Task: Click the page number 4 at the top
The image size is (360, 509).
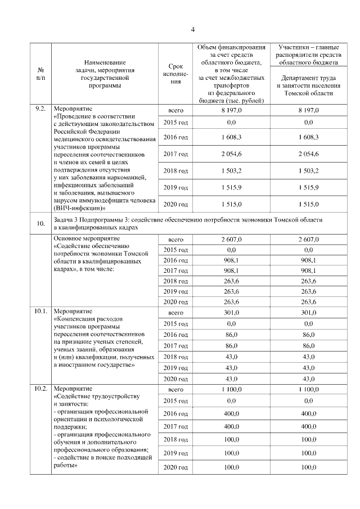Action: point(192,29)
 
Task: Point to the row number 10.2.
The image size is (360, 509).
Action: point(40,389)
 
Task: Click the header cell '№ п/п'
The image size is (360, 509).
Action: point(40,74)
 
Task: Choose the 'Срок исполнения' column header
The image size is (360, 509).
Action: point(175,74)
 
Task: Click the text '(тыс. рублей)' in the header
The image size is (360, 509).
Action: point(238,100)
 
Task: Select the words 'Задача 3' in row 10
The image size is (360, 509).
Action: point(66,220)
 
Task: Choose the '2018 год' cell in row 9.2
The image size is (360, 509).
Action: point(175,170)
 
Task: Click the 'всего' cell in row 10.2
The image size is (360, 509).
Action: point(175,389)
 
